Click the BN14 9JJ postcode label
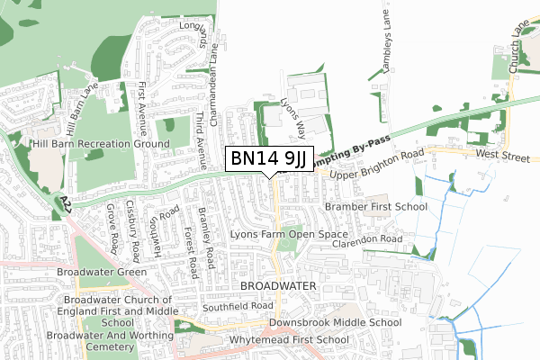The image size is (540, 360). coord(269,159)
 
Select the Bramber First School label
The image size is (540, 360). coord(376,207)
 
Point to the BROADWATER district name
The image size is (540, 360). coord(278,285)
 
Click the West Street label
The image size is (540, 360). coord(504,156)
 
